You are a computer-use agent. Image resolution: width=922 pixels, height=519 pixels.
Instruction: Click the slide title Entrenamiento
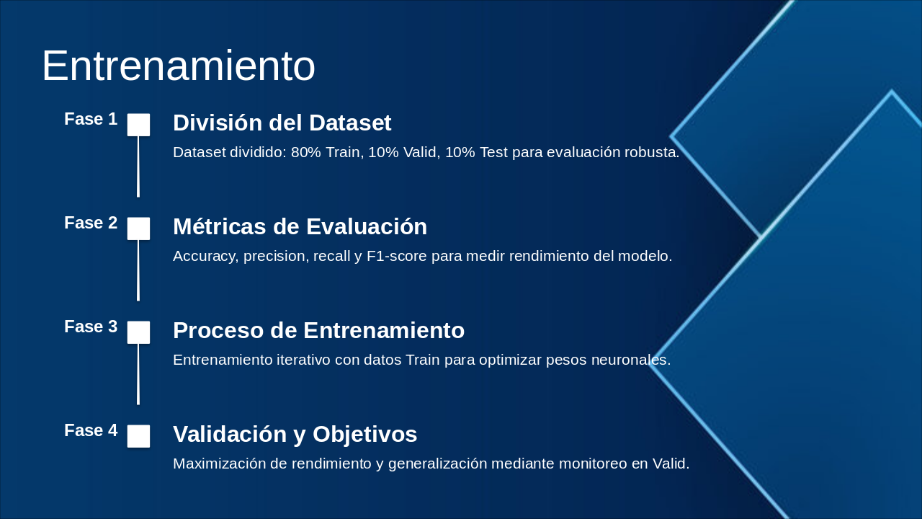pyautogui.click(x=178, y=66)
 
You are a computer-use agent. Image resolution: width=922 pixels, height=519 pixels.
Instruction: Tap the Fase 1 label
pyautogui.click(x=91, y=119)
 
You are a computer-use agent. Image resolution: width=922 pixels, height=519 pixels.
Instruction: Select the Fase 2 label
pyautogui.click(x=91, y=223)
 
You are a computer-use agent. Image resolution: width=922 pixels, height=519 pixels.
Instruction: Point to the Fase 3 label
pyautogui.click(x=91, y=327)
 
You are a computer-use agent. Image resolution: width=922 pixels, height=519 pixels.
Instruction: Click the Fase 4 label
pyautogui.click(x=91, y=430)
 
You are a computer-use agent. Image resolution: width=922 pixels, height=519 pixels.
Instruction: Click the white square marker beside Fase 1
pyautogui.click(x=138, y=125)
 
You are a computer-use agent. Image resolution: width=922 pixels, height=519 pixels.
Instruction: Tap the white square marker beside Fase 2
pyautogui.click(x=138, y=229)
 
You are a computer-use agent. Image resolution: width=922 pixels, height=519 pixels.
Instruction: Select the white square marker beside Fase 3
pyautogui.click(x=138, y=332)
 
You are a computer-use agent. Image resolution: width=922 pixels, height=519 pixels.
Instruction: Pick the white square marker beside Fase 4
pyautogui.click(x=138, y=436)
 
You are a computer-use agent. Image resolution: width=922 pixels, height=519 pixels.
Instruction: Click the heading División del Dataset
pyautogui.click(x=282, y=123)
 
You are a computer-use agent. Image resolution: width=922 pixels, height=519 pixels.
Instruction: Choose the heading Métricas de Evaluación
pyautogui.click(x=300, y=227)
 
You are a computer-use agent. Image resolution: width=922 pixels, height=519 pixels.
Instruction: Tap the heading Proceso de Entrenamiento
pyautogui.click(x=318, y=331)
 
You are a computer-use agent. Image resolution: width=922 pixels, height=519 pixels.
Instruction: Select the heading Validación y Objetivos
pyautogui.click(x=295, y=435)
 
